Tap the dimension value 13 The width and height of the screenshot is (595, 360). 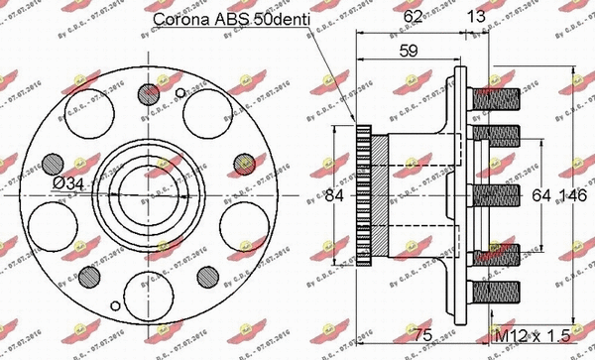[478, 16]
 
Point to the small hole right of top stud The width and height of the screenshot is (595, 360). [179, 94]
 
